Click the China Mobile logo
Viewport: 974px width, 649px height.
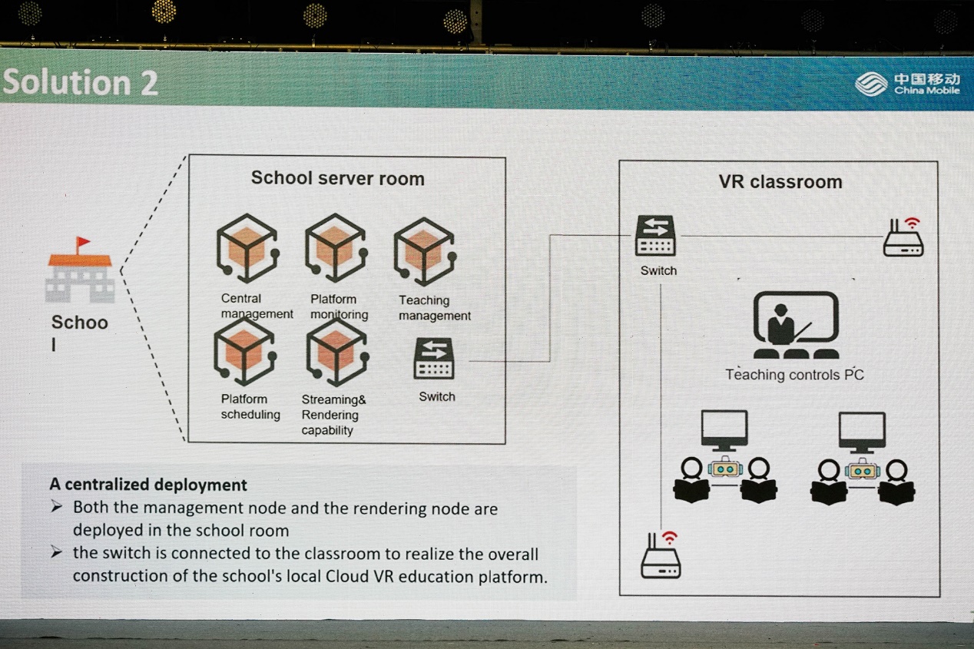(907, 84)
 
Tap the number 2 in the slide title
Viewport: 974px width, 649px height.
(149, 83)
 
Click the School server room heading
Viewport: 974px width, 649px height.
(338, 178)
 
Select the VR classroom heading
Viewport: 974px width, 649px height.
(780, 182)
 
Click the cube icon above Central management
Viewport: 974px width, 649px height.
(247, 248)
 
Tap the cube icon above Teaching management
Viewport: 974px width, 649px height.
(425, 252)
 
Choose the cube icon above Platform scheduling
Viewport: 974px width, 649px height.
(245, 351)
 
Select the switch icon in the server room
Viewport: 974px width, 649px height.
(434, 358)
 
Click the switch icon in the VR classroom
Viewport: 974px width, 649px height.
(655, 235)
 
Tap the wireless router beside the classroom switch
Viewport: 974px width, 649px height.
(903, 237)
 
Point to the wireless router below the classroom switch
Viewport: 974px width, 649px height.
(661, 555)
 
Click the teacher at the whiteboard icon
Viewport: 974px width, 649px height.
(796, 325)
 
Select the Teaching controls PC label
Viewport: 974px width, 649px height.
(794, 375)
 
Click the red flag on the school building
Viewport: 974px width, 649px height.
(82, 243)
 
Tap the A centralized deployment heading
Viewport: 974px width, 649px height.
(148, 484)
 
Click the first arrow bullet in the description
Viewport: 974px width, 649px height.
(57, 506)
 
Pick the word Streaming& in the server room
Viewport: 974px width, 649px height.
(334, 399)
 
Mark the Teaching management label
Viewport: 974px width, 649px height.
(435, 308)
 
